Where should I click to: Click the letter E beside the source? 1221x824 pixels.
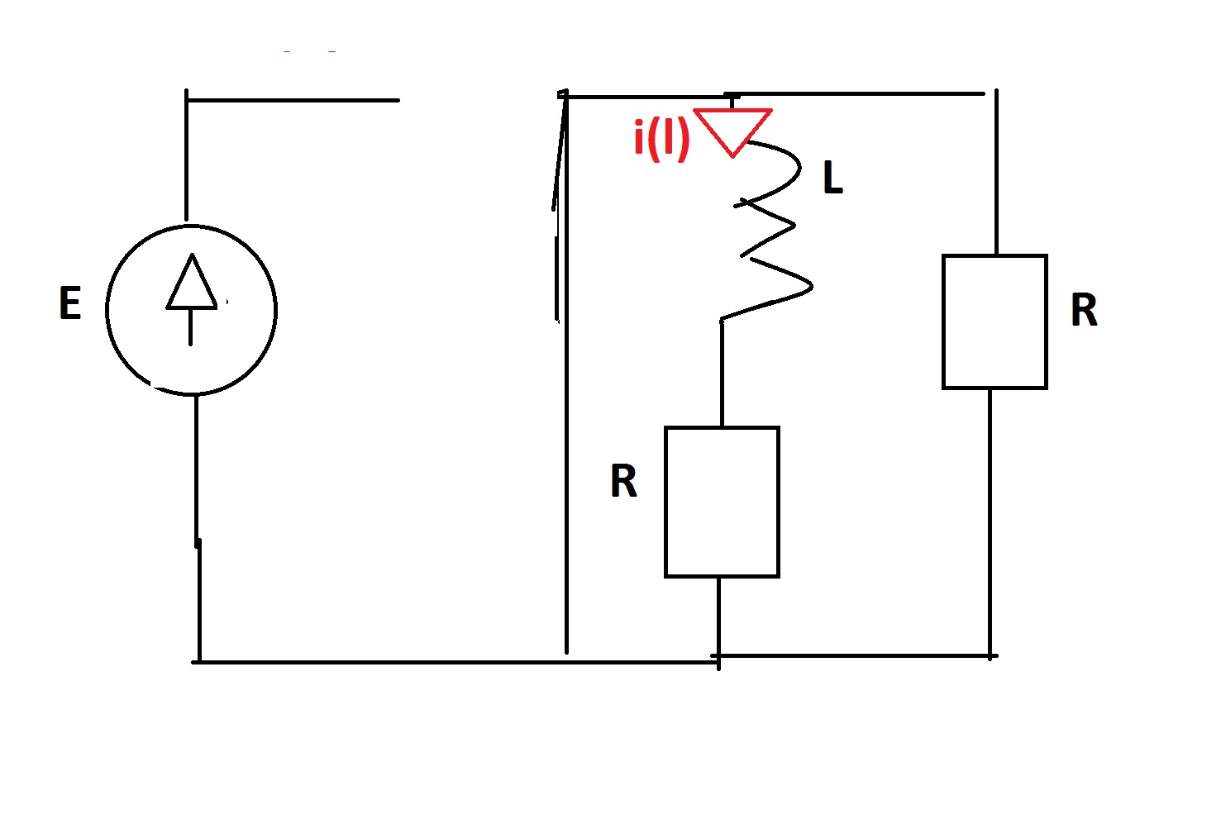pos(70,303)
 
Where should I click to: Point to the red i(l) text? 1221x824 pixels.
pos(661,140)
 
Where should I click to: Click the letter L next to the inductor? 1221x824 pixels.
pos(833,178)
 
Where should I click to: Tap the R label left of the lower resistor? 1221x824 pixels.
pos(623,481)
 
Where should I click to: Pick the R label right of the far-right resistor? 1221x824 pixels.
pos(1084,310)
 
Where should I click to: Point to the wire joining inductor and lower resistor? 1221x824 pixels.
pos(722,374)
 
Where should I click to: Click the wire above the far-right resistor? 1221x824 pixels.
pos(996,172)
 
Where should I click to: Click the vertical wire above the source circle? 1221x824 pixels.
pos(187,155)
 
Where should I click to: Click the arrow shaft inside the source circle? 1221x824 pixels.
pos(190,327)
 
